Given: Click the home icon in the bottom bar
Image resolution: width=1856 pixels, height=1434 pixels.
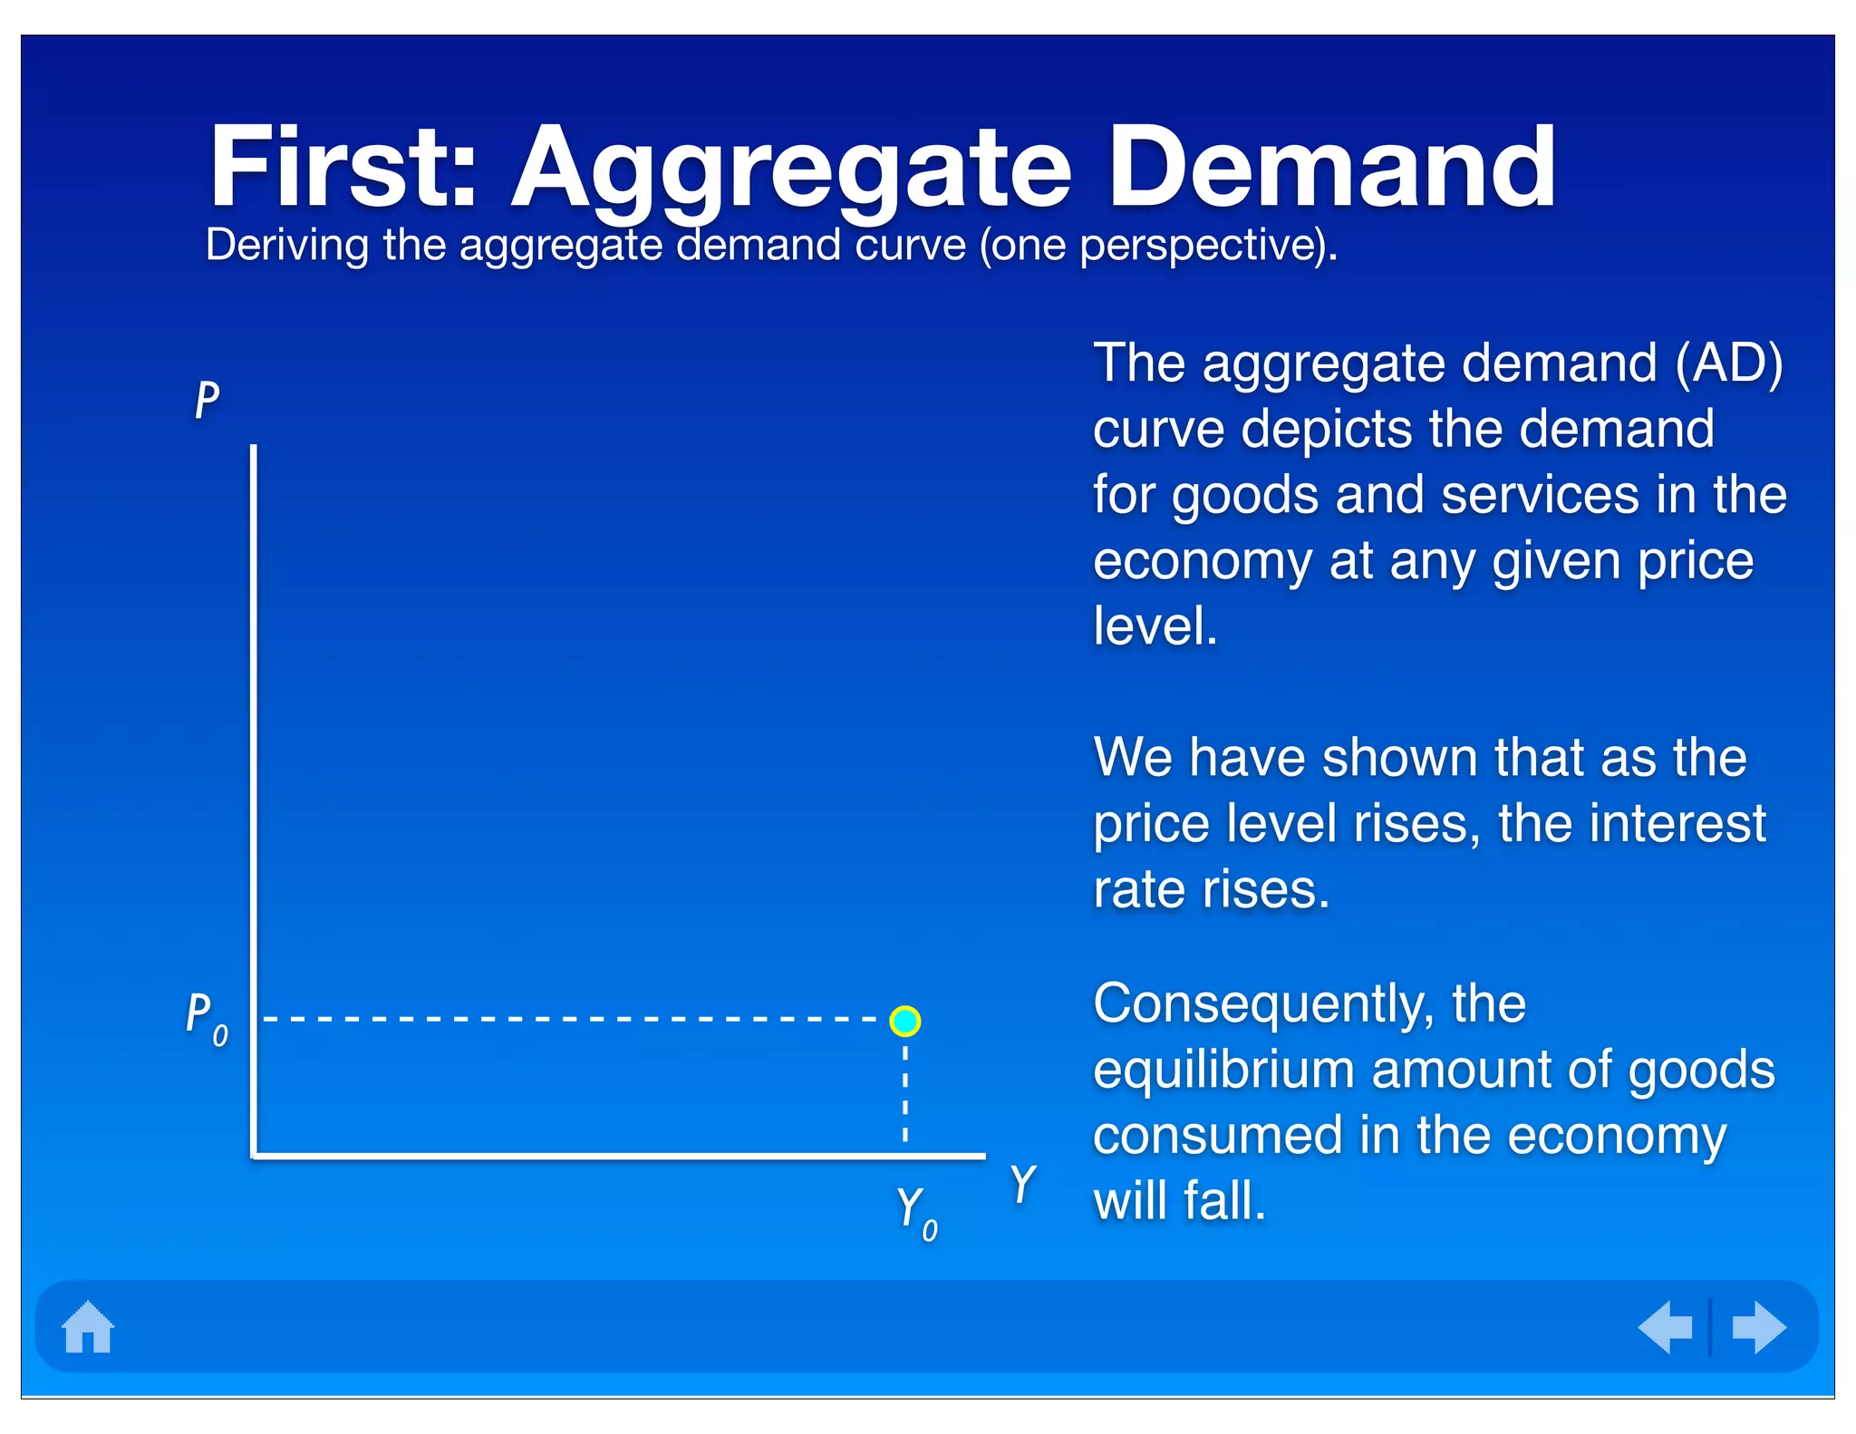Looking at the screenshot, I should coord(88,1327).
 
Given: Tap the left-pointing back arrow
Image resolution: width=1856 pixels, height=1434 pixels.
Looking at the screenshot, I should coord(1666,1327).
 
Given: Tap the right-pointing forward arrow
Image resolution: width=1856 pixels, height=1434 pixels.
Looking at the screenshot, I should coord(1758,1327).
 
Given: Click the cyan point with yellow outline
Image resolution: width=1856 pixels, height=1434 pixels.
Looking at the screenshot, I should coord(904,1021).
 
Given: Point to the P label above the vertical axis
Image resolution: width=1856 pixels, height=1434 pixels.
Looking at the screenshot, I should coord(208,399).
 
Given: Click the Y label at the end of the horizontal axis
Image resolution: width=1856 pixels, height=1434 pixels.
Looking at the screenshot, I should coord(1022,1184).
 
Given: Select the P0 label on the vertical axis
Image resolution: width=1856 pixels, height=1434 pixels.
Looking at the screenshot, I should coord(207,1019).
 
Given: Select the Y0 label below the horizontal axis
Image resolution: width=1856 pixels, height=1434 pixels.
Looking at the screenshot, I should coord(916,1213).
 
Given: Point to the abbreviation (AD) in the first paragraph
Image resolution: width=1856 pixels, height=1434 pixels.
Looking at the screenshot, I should coord(1728,363).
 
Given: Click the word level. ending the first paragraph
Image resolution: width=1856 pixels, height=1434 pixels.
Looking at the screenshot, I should coord(1155,625).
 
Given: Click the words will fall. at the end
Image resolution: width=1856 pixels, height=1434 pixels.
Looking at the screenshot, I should coord(1178,1201).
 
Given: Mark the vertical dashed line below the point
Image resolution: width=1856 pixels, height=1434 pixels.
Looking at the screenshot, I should coord(905,1093).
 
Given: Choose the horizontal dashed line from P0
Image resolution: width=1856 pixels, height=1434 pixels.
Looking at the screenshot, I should coord(571,1020).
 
